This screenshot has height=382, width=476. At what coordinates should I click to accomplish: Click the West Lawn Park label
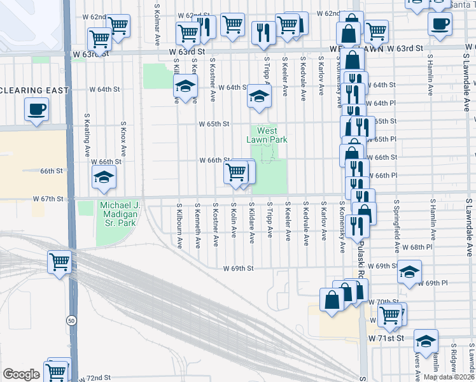coord(267,135)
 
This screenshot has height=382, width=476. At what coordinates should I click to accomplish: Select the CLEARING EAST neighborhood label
coord(35,90)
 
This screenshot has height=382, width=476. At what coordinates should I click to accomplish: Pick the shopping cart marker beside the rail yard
coord(59,262)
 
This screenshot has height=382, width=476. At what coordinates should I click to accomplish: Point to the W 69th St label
coord(239,269)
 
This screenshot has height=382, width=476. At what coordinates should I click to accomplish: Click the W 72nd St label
coord(95,378)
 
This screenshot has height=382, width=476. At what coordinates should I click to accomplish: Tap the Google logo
coord(21,374)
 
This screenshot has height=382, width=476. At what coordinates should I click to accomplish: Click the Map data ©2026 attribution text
coord(449,377)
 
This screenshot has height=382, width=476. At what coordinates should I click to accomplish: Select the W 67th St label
coord(49,199)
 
